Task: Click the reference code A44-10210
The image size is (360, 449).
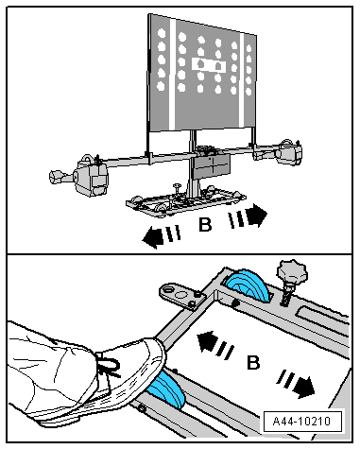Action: tap(301, 421)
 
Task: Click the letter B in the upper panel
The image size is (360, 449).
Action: tap(205, 225)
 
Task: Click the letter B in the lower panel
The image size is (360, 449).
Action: tap(253, 362)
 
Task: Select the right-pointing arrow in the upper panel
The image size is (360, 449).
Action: tap(249, 216)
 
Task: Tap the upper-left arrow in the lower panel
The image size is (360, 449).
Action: tap(215, 344)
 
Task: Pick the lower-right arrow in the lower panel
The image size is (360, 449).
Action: tap(296, 384)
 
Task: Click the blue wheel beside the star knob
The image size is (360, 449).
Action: tap(247, 285)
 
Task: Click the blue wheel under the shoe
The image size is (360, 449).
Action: tap(166, 390)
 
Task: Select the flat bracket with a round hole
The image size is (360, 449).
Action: tap(181, 296)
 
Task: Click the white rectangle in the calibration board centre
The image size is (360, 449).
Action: tap(209, 64)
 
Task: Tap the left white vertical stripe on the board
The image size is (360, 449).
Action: tap(172, 74)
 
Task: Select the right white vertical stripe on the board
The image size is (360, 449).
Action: tap(242, 80)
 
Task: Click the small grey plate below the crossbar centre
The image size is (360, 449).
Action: tap(211, 166)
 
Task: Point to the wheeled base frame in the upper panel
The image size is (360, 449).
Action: tap(186, 201)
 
